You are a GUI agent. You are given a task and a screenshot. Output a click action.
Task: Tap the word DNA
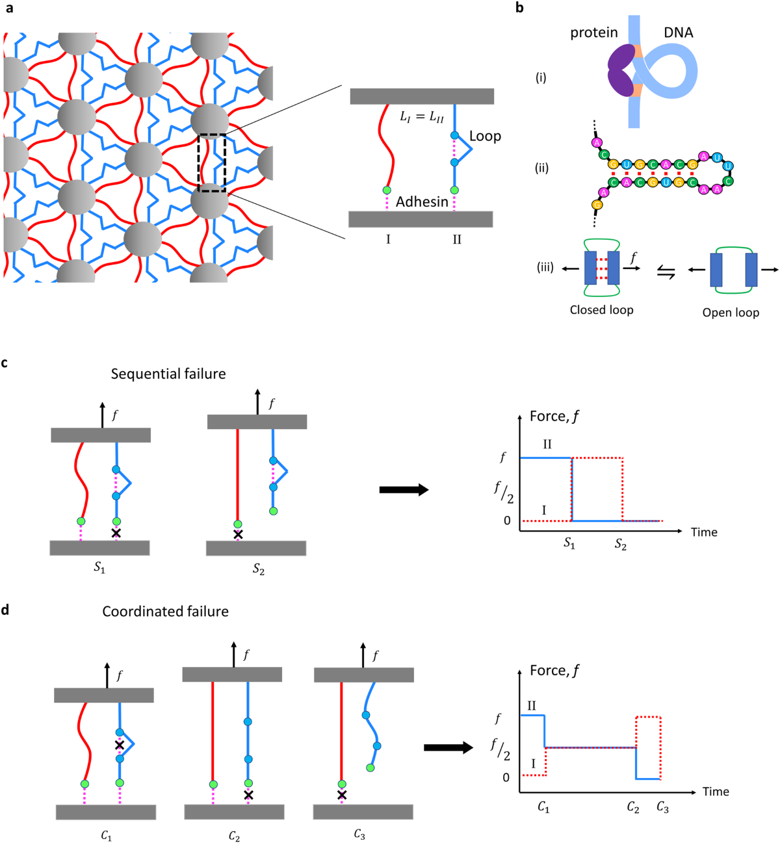coord(678,32)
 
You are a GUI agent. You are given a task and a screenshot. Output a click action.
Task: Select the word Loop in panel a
coord(485,136)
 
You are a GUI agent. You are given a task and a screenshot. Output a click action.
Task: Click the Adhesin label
coord(422,202)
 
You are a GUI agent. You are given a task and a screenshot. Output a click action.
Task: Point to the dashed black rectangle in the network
coord(212,162)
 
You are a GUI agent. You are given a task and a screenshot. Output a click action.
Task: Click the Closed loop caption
coord(601,310)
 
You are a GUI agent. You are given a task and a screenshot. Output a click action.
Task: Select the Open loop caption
coord(731,313)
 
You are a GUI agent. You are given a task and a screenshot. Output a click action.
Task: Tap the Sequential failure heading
coord(168,374)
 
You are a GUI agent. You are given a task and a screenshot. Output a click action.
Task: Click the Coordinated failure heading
coord(165,612)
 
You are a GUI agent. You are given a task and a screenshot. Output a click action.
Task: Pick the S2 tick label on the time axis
coord(621,545)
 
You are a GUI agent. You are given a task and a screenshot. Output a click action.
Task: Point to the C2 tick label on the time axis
coord(633,807)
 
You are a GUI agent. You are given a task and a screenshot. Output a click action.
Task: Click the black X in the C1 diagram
coord(120,745)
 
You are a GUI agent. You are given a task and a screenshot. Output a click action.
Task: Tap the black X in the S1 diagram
coord(116,533)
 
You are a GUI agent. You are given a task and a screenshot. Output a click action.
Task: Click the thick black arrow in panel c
coord(404,489)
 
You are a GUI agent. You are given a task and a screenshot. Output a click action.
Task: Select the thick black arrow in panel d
coord(448,747)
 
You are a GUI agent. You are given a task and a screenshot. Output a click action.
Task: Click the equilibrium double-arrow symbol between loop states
coord(666,274)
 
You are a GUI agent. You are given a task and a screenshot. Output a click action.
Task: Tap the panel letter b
coord(519,8)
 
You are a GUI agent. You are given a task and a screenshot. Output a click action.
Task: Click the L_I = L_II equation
coord(421,118)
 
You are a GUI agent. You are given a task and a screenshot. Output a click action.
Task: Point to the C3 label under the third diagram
coord(359,834)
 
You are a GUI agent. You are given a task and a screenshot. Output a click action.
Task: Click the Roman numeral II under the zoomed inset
coord(457,240)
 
